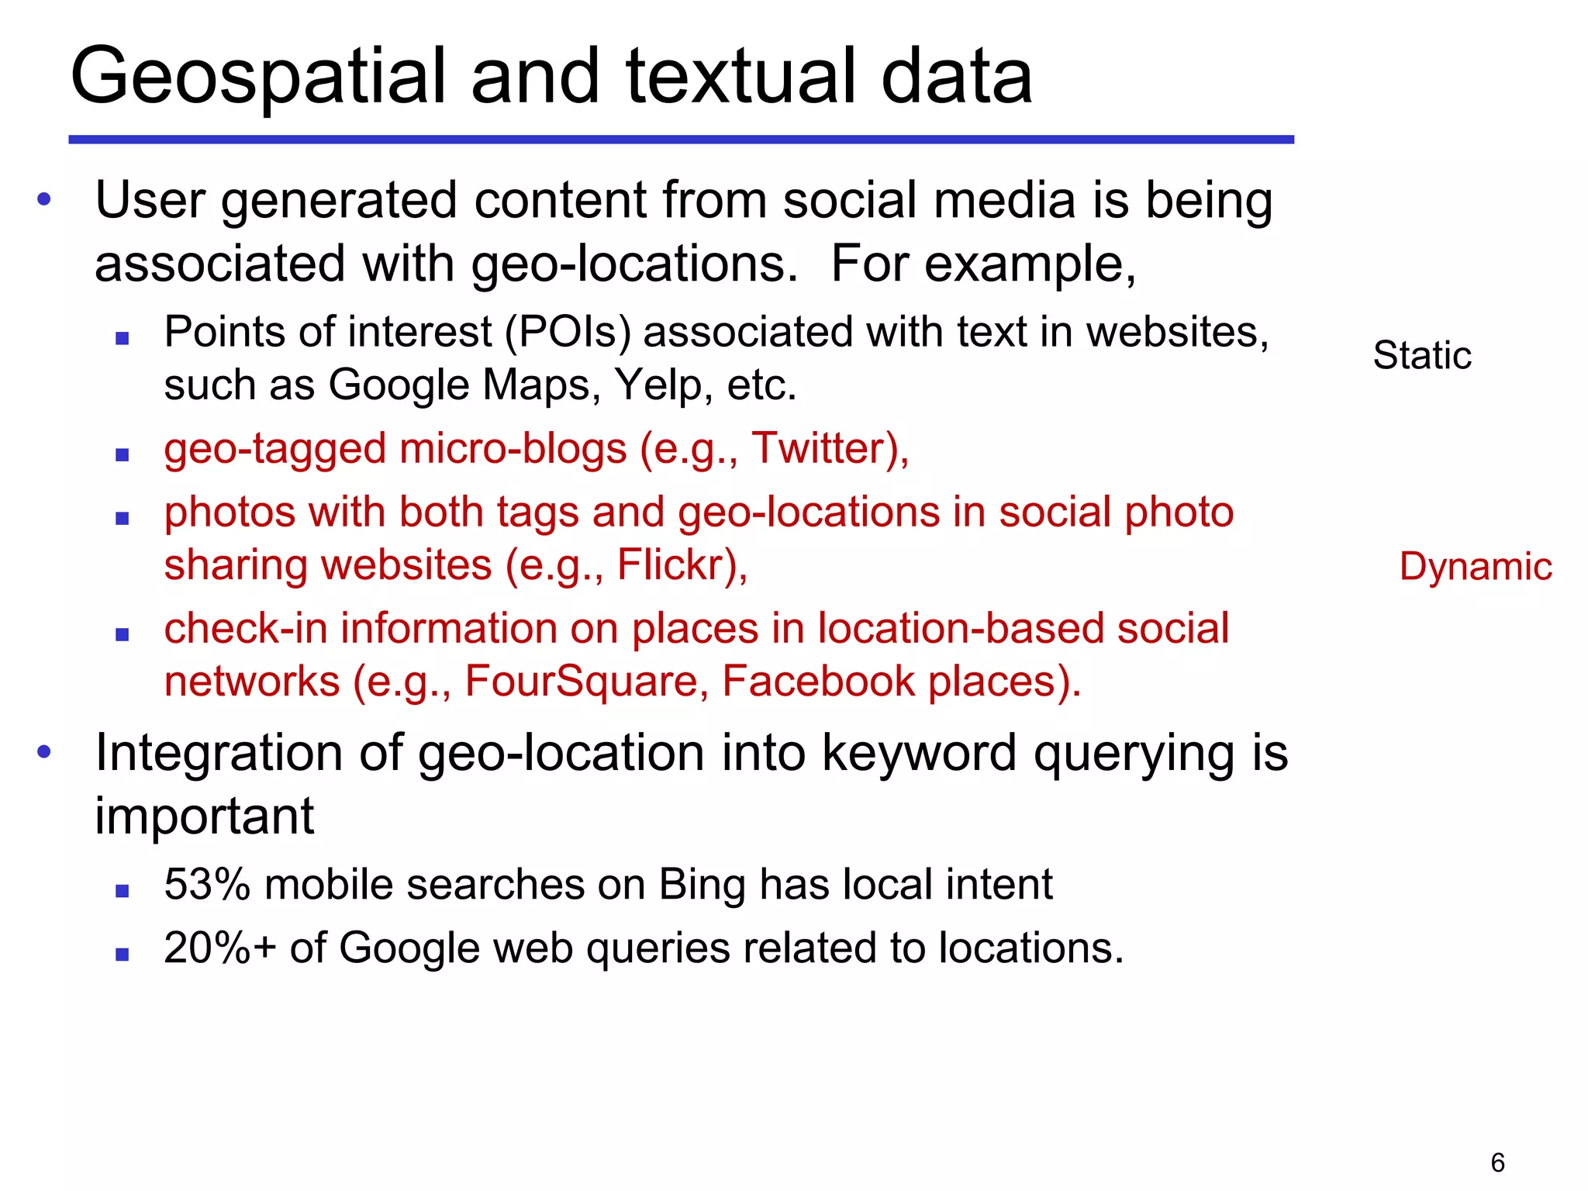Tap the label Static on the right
[x=1421, y=356]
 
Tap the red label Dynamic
[x=1475, y=567]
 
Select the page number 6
[x=1497, y=1162]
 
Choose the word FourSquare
[x=586, y=682]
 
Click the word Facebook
[x=819, y=682]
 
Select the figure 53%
[x=207, y=885]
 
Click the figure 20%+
[x=220, y=948]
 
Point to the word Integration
[x=219, y=754]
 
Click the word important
[x=204, y=817]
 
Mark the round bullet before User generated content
[x=44, y=200]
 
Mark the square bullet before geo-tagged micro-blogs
[x=122, y=455]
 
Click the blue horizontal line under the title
[x=681, y=140]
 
